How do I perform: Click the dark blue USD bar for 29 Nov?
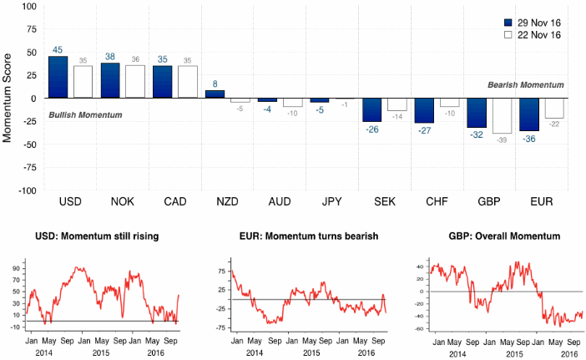point(58,77)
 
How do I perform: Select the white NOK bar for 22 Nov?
point(135,81)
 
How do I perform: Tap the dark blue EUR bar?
point(529,114)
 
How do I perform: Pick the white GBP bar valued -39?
point(501,115)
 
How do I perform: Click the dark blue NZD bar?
point(215,94)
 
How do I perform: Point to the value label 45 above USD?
point(58,50)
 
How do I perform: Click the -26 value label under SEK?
point(371,129)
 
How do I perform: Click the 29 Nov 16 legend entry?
point(533,23)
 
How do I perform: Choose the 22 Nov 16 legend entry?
point(533,35)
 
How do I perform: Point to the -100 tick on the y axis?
point(24,190)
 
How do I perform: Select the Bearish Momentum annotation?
point(526,85)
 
